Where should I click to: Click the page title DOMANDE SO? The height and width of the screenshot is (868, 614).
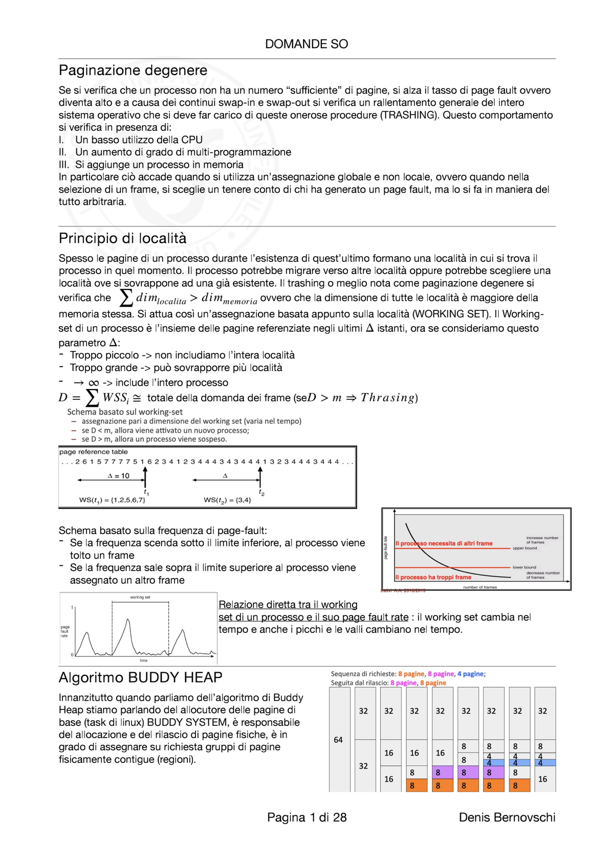[x=306, y=44]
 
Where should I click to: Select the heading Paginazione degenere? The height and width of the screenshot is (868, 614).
[x=133, y=70]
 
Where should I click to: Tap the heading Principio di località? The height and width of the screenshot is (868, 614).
[x=122, y=238]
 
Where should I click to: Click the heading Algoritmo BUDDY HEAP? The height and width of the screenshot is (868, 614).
[x=140, y=677]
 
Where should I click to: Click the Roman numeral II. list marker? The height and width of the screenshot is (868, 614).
[x=62, y=152]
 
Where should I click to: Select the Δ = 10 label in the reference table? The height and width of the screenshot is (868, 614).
[x=119, y=476]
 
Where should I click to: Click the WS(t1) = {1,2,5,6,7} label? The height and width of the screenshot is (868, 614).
[x=112, y=500]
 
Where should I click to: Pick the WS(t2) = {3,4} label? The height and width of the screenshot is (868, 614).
[x=227, y=500]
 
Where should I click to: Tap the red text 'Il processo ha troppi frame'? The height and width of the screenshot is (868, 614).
[x=433, y=577]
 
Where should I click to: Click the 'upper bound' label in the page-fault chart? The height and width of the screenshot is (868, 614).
[x=525, y=548]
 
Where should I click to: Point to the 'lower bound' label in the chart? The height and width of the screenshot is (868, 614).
[x=524, y=567]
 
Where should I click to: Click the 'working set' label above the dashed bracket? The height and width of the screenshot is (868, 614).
[x=140, y=597]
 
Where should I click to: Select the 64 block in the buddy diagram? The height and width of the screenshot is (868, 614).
[x=338, y=740]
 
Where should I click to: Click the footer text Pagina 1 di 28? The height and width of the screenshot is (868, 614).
[x=306, y=817]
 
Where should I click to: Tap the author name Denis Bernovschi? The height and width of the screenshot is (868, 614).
[x=507, y=817]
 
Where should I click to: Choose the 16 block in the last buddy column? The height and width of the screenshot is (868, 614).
[x=542, y=779]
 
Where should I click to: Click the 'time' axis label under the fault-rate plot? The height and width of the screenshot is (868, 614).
[x=144, y=660]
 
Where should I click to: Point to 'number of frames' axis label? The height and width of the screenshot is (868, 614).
[x=480, y=587]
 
